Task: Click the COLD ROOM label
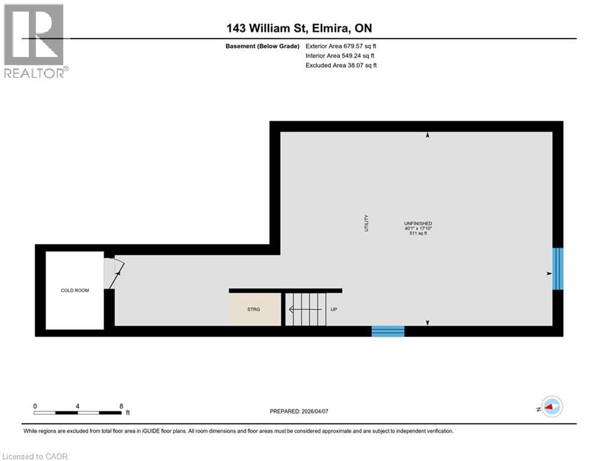click(75, 291)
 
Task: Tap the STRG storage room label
click(254, 310)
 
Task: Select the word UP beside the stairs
click(334, 310)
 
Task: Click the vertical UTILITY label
click(366, 223)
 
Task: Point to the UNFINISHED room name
click(418, 223)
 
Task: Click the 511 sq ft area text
click(418, 234)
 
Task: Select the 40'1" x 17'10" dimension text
click(418, 228)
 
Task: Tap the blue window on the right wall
click(558, 268)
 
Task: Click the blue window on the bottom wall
click(388, 331)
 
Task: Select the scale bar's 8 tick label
click(121, 406)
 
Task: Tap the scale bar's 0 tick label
click(35, 406)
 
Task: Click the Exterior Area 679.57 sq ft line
click(341, 46)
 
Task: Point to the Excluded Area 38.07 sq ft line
click(341, 65)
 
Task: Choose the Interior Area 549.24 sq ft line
click(341, 56)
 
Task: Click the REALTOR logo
click(35, 41)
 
